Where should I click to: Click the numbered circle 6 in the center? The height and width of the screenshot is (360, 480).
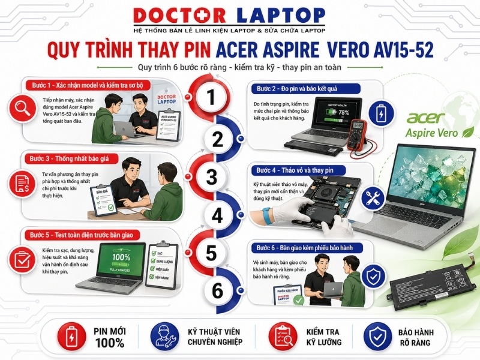click(x=217, y=290)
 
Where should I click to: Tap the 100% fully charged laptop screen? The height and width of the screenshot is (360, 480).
click(x=122, y=262)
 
